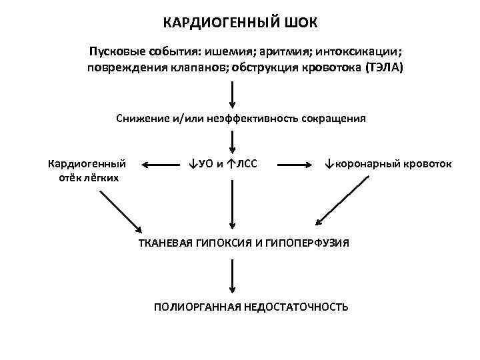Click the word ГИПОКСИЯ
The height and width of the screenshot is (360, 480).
coord(224,243)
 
